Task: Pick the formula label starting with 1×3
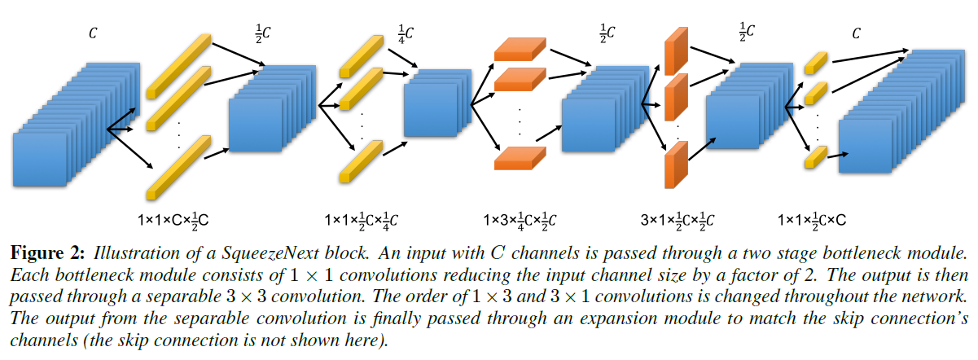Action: [520, 220]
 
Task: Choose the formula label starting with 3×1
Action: [678, 220]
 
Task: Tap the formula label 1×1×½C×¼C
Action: [361, 220]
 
